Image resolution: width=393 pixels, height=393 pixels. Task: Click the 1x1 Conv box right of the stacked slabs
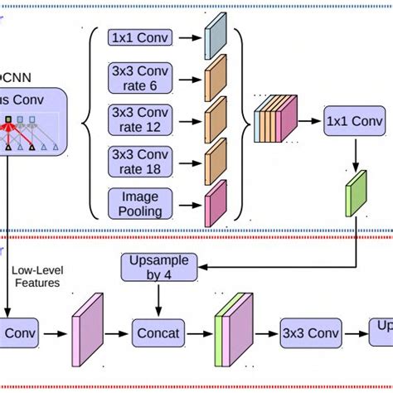(x=355, y=121)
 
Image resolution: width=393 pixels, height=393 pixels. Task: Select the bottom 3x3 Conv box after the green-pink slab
(x=310, y=334)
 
